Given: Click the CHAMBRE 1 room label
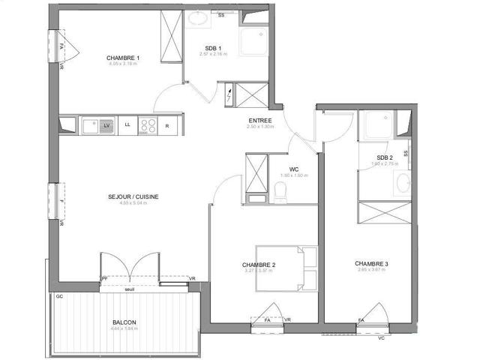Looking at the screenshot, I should [x=123, y=58].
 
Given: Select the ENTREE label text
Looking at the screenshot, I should [x=260, y=120].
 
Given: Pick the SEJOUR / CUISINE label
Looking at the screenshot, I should [x=133, y=197].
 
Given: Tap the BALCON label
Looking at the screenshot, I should [x=124, y=322].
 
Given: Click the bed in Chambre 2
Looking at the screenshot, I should [x=284, y=267].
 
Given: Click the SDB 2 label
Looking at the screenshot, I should [x=387, y=156].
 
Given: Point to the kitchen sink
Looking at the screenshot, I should [x=90, y=126].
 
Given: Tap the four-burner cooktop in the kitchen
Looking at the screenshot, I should [x=147, y=126].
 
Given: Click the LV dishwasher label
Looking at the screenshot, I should [x=107, y=125].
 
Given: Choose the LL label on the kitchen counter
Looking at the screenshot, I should [x=127, y=125].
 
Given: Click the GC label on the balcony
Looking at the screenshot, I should [x=58, y=296].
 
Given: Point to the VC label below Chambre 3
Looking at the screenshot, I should [x=381, y=337].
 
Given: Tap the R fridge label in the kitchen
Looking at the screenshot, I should [x=166, y=125].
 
